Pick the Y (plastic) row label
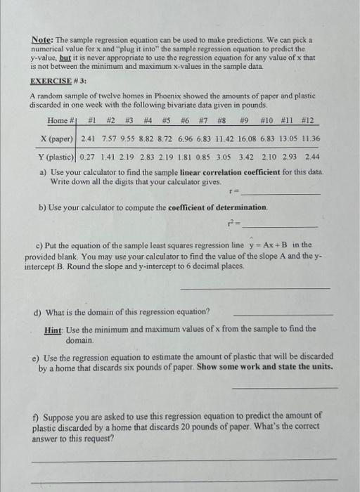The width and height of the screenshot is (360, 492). click(x=57, y=156)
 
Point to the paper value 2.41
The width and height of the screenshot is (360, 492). click(x=89, y=138)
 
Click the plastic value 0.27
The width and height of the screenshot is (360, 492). click(x=89, y=156)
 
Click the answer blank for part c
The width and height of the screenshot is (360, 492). click(x=255, y=288)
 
